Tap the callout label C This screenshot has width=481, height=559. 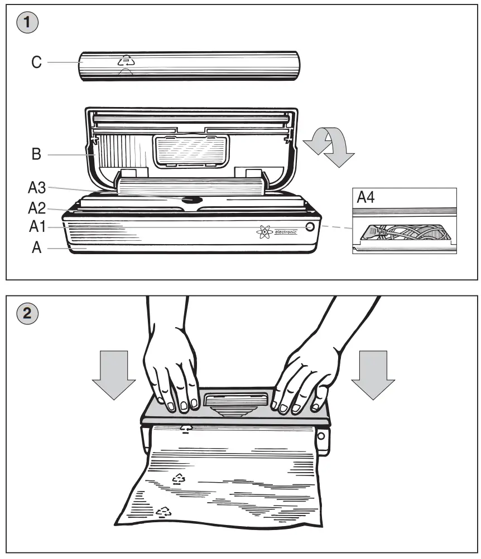[36, 62]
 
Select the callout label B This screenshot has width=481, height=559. [36, 154]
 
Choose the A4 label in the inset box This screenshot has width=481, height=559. [365, 198]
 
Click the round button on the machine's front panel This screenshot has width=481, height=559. [310, 227]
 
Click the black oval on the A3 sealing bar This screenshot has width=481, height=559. [191, 198]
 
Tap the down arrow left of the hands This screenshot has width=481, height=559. [113, 375]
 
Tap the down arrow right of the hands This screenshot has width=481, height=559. [373, 375]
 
